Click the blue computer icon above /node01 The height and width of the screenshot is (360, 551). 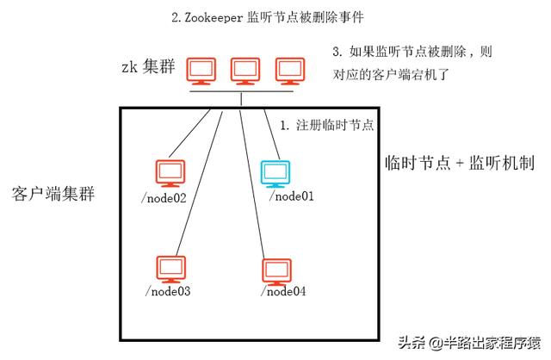(x=275, y=172)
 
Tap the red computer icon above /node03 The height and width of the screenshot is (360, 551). (x=170, y=268)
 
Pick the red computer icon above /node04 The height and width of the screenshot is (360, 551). (x=277, y=269)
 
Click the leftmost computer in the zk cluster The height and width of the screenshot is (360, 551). (x=203, y=71)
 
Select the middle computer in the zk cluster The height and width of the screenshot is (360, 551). (x=245, y=71)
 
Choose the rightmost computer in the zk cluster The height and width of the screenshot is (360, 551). (x=288, y=71)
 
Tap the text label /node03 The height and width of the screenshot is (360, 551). (x=168, y=292)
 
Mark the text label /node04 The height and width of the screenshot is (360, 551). (x=283, y=292)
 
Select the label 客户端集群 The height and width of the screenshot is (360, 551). (x=53, y=191)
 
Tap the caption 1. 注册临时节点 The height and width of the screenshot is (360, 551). (x=327, y=125)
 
